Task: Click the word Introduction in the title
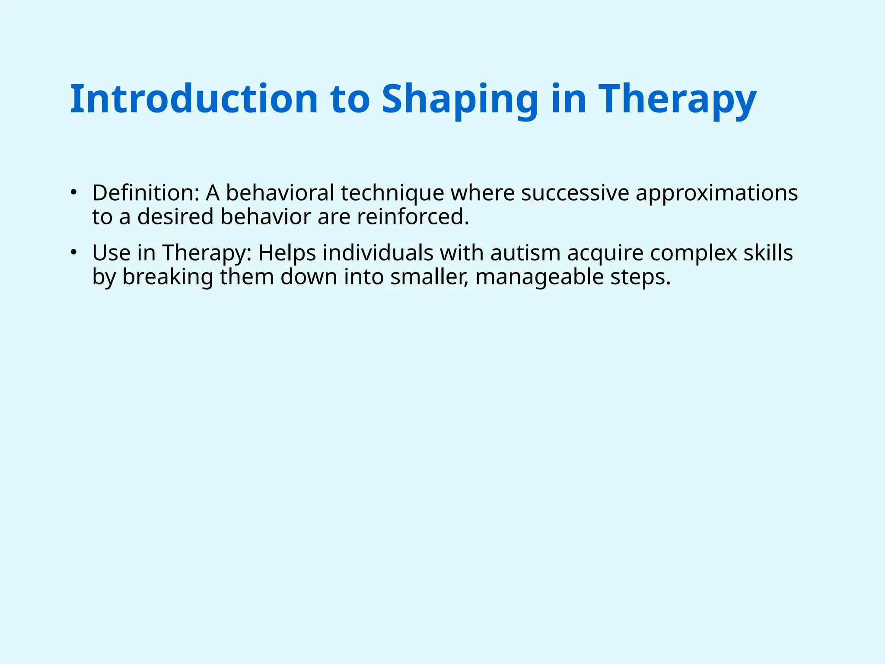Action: (x=194, y=99)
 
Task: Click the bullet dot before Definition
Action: (x=74, y=192)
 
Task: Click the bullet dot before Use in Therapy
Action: (x=74, y=252)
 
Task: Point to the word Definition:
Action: (x=146, y=193)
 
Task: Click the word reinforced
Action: (x=413, y=217)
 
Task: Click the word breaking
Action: (x=168, y=277)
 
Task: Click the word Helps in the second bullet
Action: (x=287, y=253)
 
